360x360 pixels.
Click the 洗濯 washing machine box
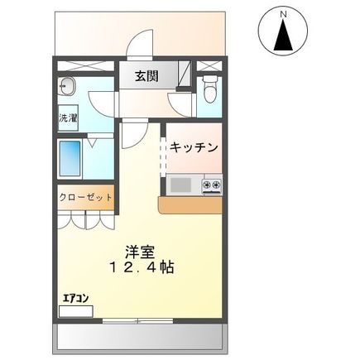pos(68,119)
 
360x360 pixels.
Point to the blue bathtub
pos(70,157)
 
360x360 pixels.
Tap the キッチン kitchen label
pos(194,147)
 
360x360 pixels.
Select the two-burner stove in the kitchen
pos(212,184)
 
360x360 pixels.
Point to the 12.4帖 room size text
pos(137,268)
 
